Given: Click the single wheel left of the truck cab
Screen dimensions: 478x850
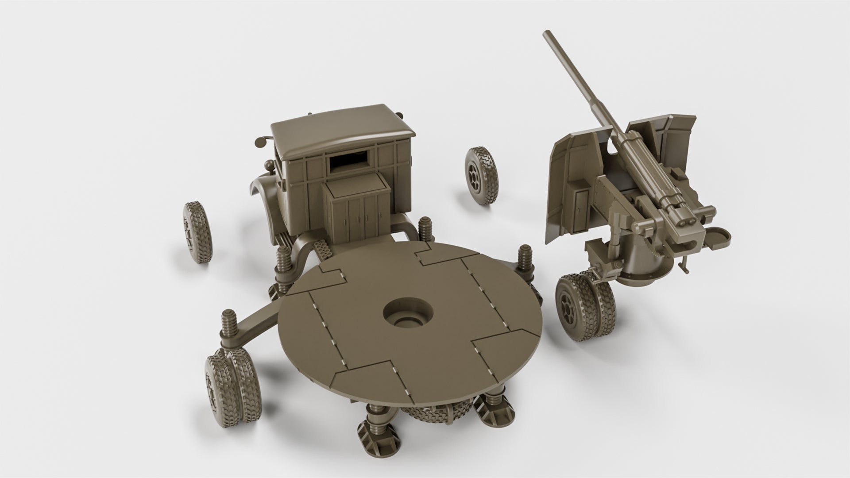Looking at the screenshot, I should coord(197,232).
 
